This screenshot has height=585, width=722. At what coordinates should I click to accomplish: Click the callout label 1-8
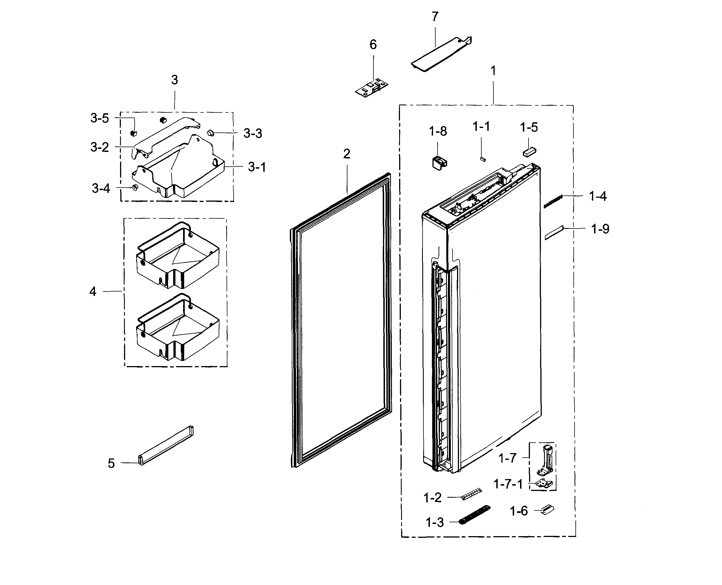pyautogui.click(x=438, y=131)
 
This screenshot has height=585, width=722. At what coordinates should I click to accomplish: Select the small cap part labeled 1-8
pyautogui.click(x=439, y=163)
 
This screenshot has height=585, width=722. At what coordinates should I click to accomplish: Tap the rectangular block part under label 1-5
pyautogui.click(x=529, y=152)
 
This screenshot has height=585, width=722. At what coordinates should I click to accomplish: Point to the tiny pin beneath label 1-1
pyautogui.click(x=482, y=158)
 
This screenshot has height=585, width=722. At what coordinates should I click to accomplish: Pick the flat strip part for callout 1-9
pyautogui.click(x=554, y=233)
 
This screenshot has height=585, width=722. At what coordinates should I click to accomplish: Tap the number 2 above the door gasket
pyautogui.click(x=347, y=154)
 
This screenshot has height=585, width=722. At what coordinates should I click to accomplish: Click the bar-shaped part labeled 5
pyautogui.click(x=166, y=445)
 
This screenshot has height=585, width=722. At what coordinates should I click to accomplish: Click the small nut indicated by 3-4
pyautogui.click(x=135, y=187)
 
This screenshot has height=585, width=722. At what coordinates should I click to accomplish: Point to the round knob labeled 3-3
pyautogui.click(x=210, y=132)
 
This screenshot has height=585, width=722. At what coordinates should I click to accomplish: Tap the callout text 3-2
pyautogui.click(x=99, y=147)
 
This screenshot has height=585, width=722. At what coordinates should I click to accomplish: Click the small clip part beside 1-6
pyautogui.click(x=547, y=510)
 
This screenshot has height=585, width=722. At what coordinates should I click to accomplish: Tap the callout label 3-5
pyautogui.click(x=99, y=118)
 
